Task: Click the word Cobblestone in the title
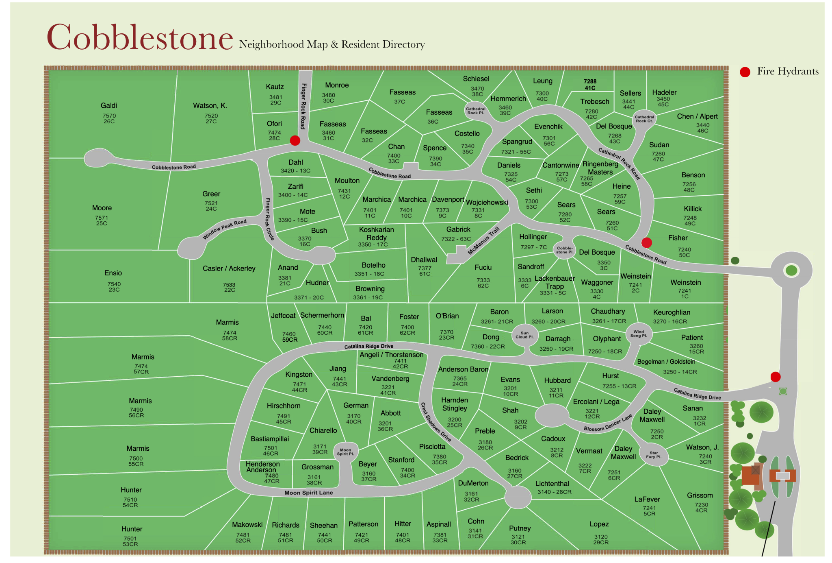140,37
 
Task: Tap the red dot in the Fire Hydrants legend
745,72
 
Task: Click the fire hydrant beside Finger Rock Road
295,140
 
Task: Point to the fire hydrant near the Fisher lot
646,242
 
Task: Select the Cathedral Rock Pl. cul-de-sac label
475,111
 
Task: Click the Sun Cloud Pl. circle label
524,335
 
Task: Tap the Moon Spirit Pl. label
345,452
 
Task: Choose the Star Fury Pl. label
653,455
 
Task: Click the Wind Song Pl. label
639,334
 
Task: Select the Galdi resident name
109,105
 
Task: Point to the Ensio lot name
113,273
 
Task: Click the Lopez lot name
599,524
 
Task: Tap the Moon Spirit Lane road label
308,493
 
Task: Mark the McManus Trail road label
483,241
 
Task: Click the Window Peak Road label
225,229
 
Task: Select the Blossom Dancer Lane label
608,423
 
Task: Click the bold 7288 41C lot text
590,84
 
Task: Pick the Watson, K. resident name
210,105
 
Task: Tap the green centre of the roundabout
791,270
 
